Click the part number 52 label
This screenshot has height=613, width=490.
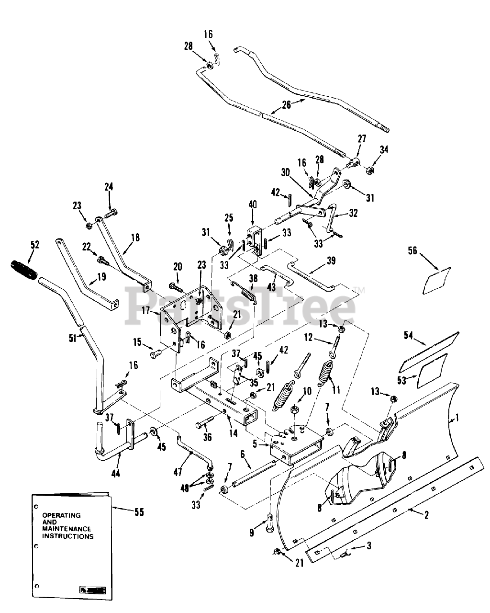click(x=35, y=245)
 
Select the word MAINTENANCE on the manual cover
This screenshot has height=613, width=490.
click(x=67, y=529)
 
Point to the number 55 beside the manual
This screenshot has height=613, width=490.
click(x=139, y=512)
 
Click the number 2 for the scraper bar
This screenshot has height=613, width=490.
click(x=426, y=515)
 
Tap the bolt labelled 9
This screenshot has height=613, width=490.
click(x=269, y=523)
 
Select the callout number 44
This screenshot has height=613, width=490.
click(x=116, y=473)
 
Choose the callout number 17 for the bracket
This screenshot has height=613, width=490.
click(x=146, y=310)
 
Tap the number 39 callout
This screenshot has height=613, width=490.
click(x=331, y=261)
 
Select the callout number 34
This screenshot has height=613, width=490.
click(x=384, y=149)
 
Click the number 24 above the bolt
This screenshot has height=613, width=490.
click(x=109, y=187)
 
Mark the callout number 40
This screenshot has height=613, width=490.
click(x=253, y=204)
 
